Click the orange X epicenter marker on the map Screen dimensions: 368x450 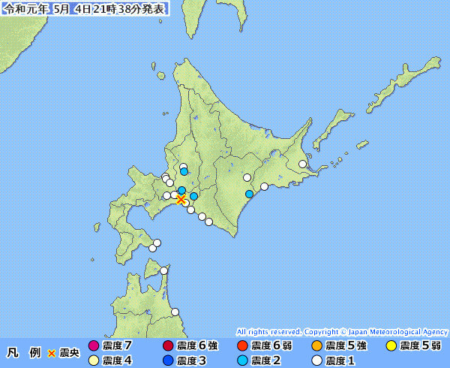pyautogui.click(x=181, y=199)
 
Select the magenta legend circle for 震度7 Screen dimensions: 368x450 pyautogui.click(x=93, y=346)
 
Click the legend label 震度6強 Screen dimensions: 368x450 pyautogui.click(x=197, y=346)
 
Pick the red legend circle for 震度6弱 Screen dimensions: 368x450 pyautogui.click(x=241, y=346)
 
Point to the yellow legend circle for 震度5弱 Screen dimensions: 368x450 pyautogui.click(x=391, y=346)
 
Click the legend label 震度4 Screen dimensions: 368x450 pyautogui.click(x=117, y=360)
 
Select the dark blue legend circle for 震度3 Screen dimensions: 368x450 pyautogui.click(x=166, y=360)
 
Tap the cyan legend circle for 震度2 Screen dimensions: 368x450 pyautogui.click(x=241, y=360)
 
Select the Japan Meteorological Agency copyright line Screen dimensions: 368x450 pyautogui.click(x=342, y=331)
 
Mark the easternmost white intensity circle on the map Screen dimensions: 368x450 pyautogui.click(x=303, y=164)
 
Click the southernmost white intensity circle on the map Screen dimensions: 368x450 pyautogui.click(x=175, y=312)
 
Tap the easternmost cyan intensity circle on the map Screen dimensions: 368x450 pyautogui.click(x=250, y=194)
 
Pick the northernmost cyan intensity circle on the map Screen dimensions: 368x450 pyautogui.click(x=184, y=172)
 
